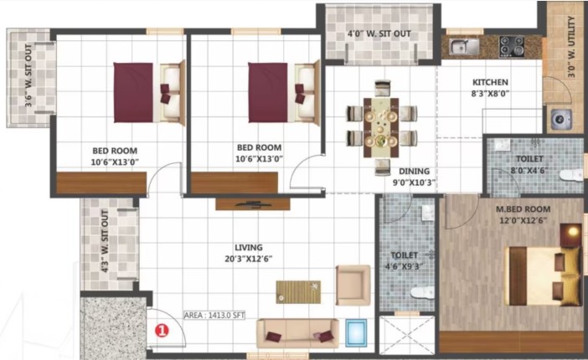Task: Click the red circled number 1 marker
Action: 162,331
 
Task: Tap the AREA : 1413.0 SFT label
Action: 214,316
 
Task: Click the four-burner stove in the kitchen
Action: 512,47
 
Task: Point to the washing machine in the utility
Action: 561,119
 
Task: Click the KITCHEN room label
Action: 490,82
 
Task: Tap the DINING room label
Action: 414,171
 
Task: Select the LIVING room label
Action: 249,248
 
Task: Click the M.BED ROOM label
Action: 524,209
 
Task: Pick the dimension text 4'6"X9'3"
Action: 405,266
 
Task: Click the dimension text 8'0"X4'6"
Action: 529,170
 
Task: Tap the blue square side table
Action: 356,333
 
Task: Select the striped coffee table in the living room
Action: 298,292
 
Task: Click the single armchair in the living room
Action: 353,285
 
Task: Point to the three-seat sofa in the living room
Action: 297,333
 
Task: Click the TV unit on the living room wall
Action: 253,204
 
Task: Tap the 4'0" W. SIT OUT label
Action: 379,33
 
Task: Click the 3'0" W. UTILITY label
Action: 571,47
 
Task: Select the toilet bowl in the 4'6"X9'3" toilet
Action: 422,291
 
